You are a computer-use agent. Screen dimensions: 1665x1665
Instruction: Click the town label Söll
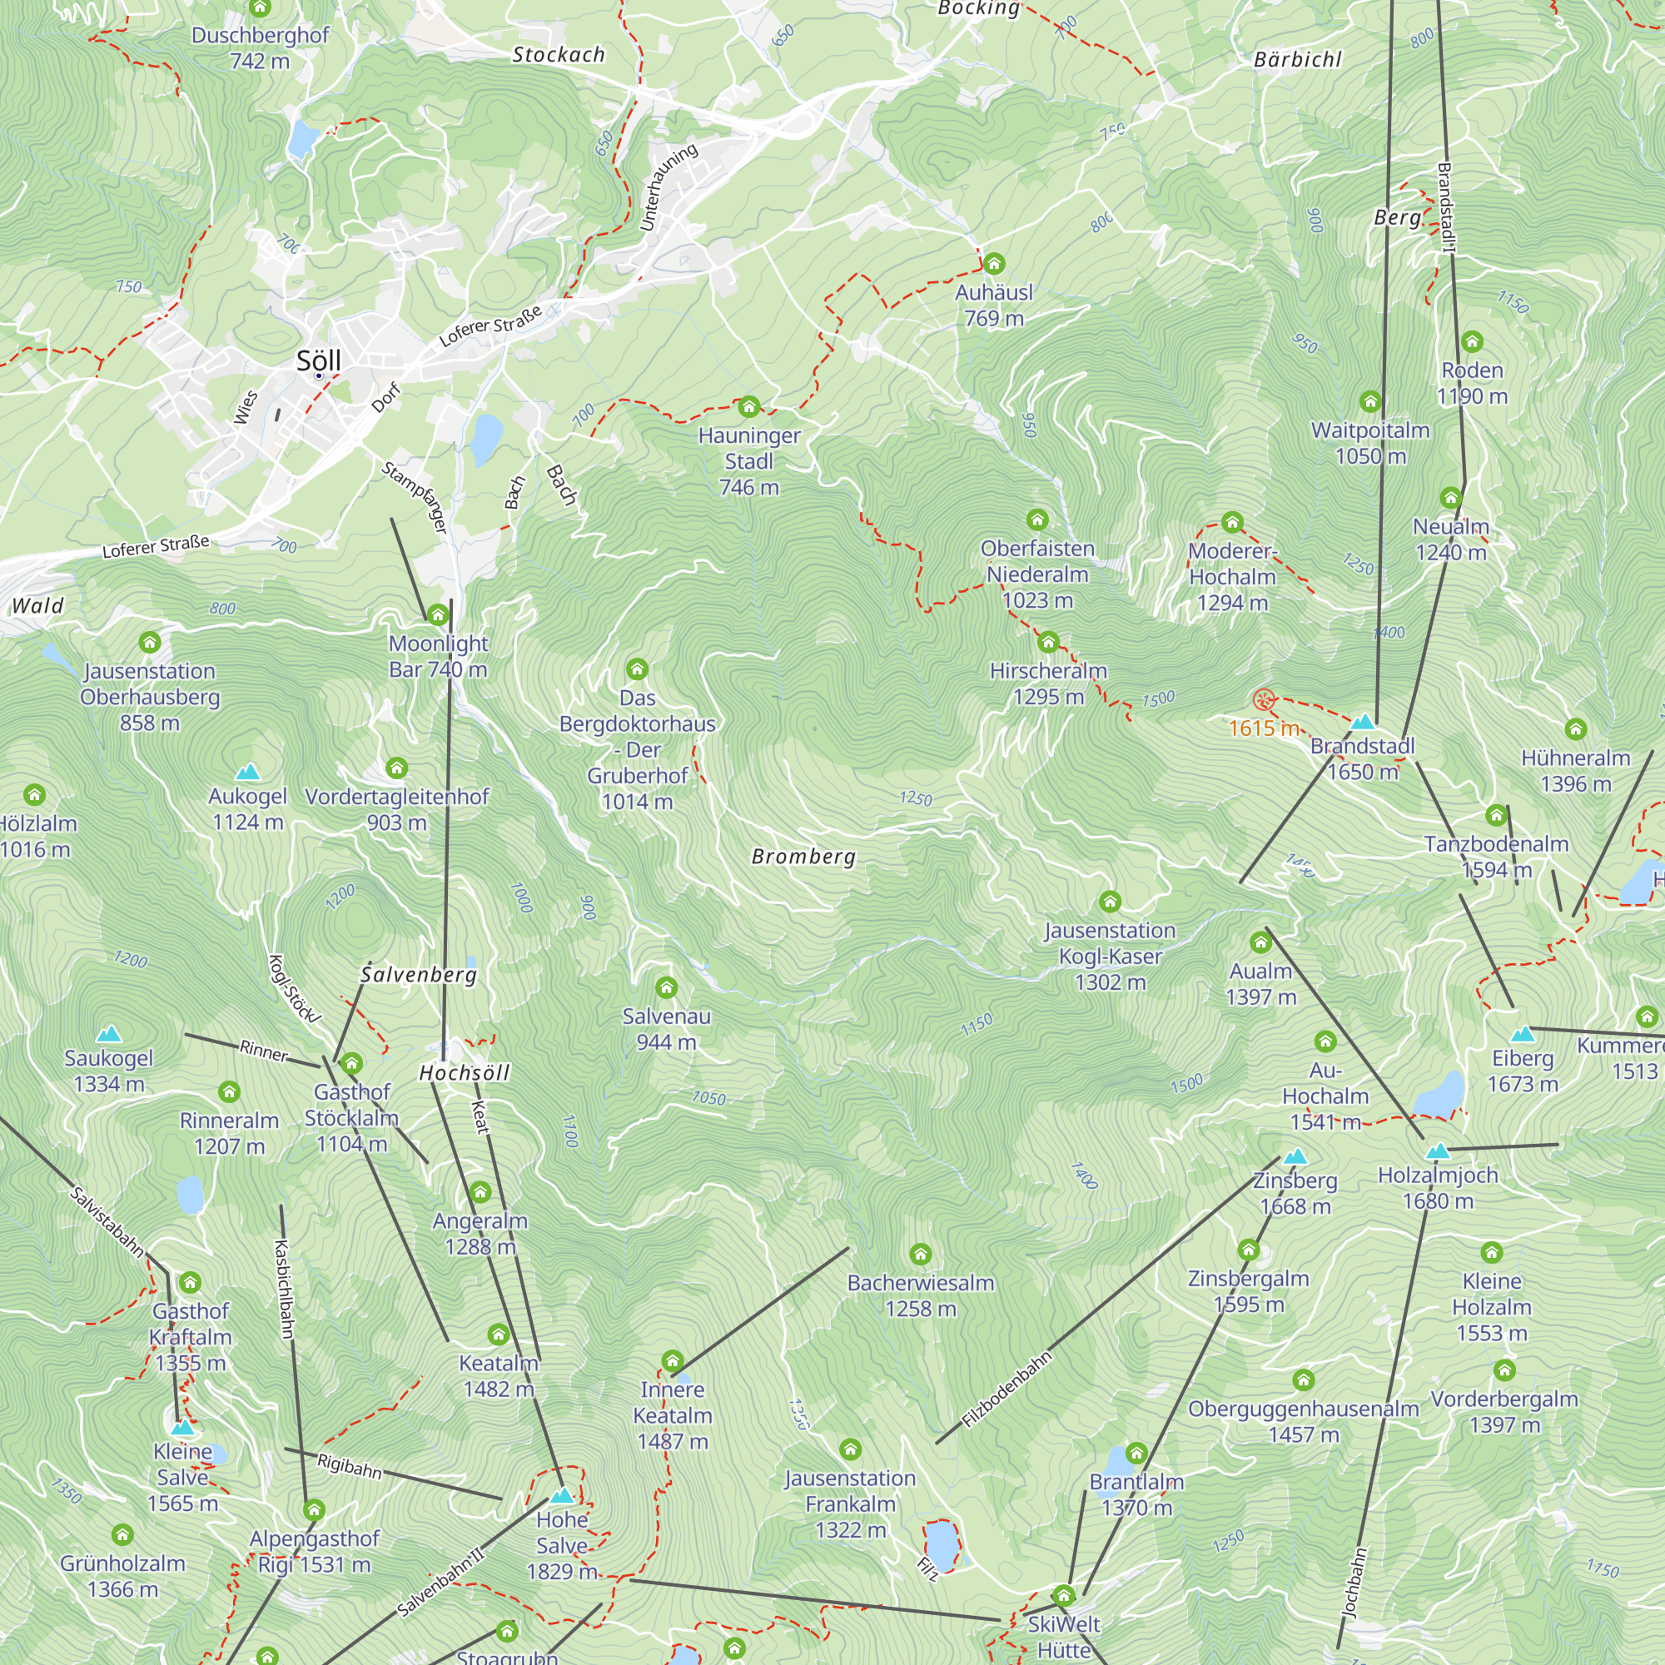point(319,360)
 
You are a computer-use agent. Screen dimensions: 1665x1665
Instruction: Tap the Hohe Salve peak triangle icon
point(562,1496)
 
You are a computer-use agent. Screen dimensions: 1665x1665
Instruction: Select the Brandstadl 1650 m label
point(1363,758)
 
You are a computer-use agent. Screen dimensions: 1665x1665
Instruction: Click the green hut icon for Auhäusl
point(994,264)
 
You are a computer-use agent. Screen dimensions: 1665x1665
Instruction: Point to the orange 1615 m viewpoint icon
point(1264,699)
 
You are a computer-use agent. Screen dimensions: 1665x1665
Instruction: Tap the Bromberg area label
point(803,857)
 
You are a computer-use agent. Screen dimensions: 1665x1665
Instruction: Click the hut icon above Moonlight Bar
point(438,614)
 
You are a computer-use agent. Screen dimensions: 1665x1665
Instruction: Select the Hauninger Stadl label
point(749,461)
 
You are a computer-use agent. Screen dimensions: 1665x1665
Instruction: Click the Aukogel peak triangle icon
point(247,772)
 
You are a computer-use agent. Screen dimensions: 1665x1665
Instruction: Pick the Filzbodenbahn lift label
point(1006,1389)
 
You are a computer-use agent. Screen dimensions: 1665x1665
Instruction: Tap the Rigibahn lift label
point(349,1465)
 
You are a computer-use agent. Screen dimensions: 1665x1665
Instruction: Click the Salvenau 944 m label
point(666,1029)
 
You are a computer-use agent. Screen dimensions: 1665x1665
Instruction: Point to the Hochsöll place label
point(465,1073)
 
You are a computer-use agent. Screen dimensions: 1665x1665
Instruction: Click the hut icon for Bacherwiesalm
point(921,1254)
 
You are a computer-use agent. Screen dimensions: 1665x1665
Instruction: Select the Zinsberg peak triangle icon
point(1295,1157)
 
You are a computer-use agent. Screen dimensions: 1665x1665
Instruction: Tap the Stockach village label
point(559,55)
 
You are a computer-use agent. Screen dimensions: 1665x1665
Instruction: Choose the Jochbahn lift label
point(1354,1583)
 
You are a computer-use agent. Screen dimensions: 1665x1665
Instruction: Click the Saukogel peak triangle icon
point(108,1034)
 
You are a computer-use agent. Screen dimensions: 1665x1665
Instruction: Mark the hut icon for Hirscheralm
point(1048,642)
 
